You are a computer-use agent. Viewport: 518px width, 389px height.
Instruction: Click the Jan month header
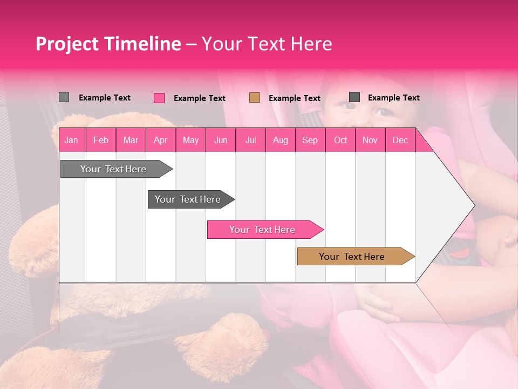(71, 140)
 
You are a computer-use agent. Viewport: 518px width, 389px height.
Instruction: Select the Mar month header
(131, 140)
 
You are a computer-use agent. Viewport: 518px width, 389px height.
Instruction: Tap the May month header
(190, 140)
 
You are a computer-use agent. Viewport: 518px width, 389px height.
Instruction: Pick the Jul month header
(250, 140)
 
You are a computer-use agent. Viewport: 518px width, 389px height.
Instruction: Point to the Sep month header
(310, 140)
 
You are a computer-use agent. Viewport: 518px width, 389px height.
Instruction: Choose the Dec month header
(400, 140)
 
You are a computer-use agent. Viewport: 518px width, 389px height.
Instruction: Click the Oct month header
(340, 140)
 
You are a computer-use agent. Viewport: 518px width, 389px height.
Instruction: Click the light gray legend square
(64, 97)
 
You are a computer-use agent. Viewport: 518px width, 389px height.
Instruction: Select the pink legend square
(159, 98)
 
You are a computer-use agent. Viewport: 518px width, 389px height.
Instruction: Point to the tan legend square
(255, 98)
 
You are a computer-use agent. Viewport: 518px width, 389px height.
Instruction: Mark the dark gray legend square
(355, 97)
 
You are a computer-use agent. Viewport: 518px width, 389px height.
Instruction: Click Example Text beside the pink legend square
(199, 98)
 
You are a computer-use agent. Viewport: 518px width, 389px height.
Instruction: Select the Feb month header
(101, 140)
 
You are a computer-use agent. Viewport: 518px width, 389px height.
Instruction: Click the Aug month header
(280, 140)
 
